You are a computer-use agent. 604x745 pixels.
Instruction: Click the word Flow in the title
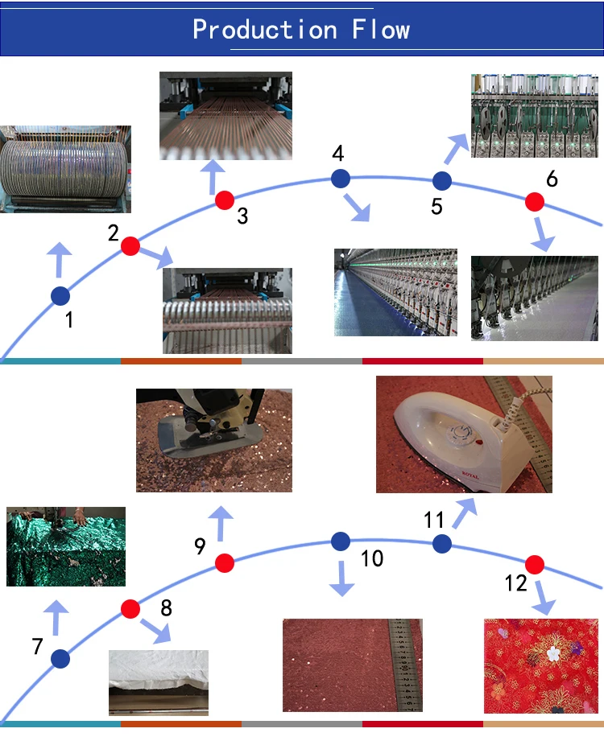click(381, 30)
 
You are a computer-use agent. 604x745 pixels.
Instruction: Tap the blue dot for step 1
click(60, 296)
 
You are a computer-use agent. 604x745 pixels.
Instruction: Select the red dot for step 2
click(130, 246)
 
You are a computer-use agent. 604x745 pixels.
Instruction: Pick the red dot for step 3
click(224, 200)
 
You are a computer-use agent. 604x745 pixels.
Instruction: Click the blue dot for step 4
click(341, 178)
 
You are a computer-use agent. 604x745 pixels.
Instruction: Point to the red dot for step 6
click(534, 201)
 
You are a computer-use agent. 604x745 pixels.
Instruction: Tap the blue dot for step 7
click(60, 660)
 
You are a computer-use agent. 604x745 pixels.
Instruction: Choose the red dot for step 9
click(224, 563)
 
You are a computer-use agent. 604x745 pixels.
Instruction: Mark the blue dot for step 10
click(341, 541)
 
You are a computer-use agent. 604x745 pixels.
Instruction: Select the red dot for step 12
click(534, 564)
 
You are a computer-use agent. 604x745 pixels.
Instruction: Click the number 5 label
click(436, 207)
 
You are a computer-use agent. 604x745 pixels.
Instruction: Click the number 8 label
click(166, 607)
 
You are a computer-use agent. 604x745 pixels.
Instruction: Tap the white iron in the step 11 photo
click(451, 438)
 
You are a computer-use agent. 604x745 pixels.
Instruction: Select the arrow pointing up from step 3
click(213, 174)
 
